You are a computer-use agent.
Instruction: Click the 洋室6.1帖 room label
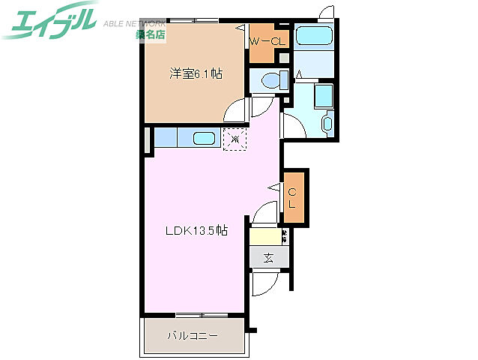click(x=195, y=73)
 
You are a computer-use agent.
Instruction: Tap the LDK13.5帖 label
click(x=196, y=231)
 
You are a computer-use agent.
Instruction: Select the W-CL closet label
click(x=267, y=42)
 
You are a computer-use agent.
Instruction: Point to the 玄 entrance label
click(x=267, y=257)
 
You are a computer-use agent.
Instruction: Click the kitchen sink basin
click(x=204, y=139)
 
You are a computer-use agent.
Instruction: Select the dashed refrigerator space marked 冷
click(x=235, y=138)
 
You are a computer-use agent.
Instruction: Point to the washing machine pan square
click(x=323, y=95)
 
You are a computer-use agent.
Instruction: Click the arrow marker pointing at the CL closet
click(x=277, y=184)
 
